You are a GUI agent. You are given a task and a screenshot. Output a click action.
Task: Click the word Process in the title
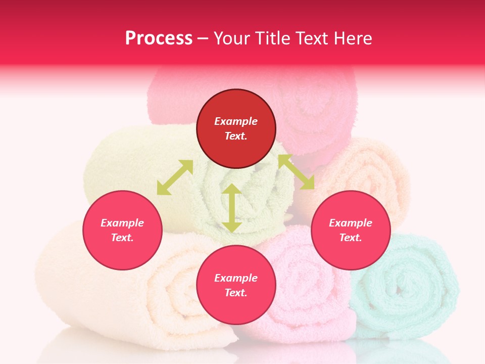(159, 38)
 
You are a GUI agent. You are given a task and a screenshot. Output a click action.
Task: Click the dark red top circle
(236, 129)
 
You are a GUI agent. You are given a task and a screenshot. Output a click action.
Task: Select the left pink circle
(122, 230)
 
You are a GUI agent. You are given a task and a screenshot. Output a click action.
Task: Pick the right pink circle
(351, 230)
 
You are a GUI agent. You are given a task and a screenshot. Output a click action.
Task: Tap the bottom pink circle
(236, 285)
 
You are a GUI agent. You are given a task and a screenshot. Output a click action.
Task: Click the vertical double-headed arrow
(232, 208)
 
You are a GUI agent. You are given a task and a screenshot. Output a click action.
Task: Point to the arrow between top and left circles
(175, 177)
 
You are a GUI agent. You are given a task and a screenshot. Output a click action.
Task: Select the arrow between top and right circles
(296, 172)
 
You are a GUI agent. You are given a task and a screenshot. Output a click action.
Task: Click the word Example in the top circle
(236, 121)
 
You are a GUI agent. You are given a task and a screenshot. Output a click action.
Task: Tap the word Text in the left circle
(122, 238)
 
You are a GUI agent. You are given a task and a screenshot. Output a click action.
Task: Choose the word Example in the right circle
(351, 223)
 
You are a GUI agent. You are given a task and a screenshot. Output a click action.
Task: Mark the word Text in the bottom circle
(236, 293)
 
